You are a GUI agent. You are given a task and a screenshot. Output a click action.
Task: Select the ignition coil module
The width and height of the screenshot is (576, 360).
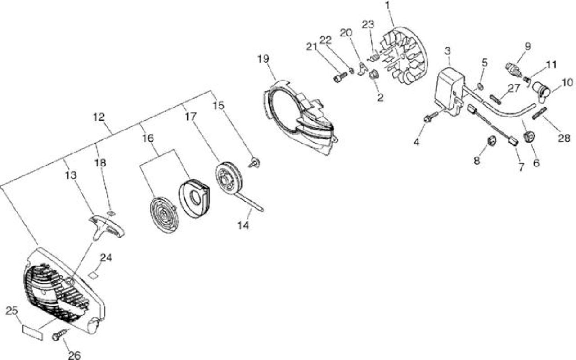(450, 90)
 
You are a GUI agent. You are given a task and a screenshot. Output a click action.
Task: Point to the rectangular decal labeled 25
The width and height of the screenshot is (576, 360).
(33, 333)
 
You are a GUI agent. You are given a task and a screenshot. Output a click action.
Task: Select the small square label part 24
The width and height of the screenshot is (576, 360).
(93, 274)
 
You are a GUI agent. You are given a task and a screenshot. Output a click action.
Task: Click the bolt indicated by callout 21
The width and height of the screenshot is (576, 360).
(340, 76)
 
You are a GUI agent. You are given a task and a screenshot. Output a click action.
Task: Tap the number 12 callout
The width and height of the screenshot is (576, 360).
(99, 117)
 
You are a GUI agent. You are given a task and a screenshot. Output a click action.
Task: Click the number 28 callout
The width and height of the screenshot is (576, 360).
(564, 138)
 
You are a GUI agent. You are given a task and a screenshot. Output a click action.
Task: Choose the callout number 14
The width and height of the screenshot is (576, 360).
(243, 225)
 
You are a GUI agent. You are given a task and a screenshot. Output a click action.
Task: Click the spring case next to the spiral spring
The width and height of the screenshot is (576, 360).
(194, 198)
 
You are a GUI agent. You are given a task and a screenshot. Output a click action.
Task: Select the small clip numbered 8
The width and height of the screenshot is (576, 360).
(492, 141)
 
